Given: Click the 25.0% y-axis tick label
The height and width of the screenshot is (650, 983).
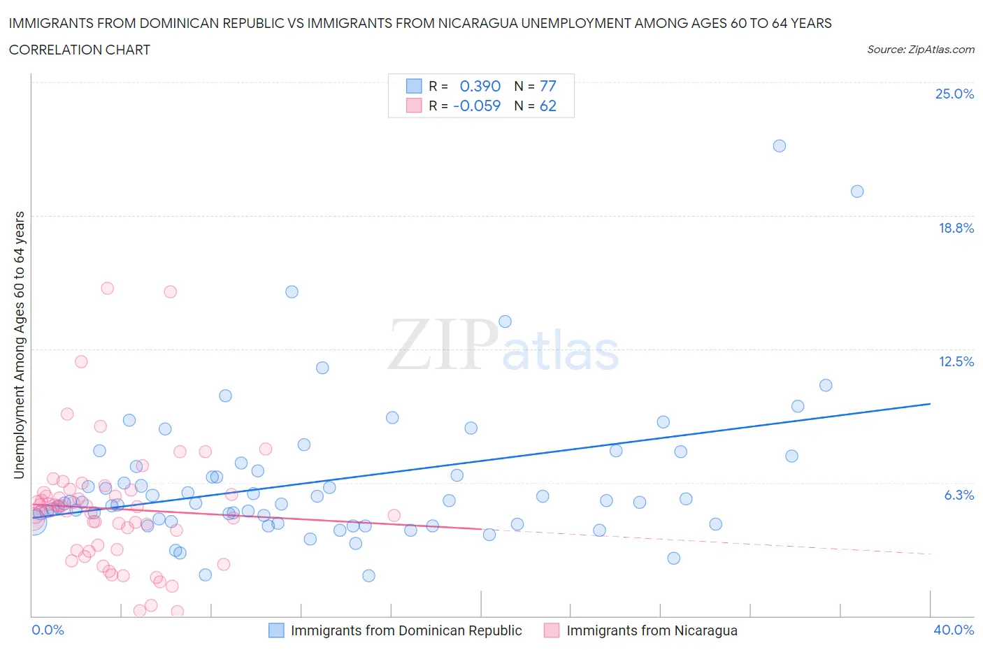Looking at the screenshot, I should pyautogui.click(x=954, y=94).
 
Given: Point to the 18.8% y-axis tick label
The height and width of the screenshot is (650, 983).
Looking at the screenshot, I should pyautogui.click(x=956, y=228).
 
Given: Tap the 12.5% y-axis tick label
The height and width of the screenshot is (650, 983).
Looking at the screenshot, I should pyautogui.click(x=956, y=361).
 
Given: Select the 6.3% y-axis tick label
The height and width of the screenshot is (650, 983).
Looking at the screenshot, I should pyautogui.click(x=959, y=495).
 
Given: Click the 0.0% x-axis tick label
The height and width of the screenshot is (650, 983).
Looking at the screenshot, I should pyautogui.click(x=48, y=630).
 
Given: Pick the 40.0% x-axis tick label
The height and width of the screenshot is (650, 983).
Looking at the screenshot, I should pyautogui.click(x=954, y=630).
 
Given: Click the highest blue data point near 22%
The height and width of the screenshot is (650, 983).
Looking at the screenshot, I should pyautogui.click(x=780, y=146).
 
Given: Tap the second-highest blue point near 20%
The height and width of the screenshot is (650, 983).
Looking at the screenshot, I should pyautogui.click(x=857, y=192).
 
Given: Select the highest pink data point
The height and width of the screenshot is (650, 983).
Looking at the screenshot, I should pyautogui.click(x=107, y=288).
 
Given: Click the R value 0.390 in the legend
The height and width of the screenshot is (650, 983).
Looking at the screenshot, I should pyautogui.click(x=480, y=86).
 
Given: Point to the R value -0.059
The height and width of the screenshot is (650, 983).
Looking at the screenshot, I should pyautogui.click(x=477, y=106).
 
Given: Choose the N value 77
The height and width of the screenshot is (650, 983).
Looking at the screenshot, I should pyautogui.click(x=548, y=86).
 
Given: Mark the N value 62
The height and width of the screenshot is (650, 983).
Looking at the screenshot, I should pyautogui.click(x=548, y=106).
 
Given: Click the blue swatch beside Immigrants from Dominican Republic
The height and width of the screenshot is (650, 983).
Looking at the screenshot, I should pyautogui.click(x=277, y=630).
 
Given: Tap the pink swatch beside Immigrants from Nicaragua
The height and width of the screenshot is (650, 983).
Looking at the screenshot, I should pyautogui.click(x=552, y=630).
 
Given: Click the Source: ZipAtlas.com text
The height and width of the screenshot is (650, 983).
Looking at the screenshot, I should pyautogui.click(x=920, y=50).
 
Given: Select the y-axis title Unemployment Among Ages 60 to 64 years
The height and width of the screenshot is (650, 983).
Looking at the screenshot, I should pyautogui.click(x=20, y=345).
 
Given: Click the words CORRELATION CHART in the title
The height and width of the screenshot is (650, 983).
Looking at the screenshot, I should pyautogui.click(x=80, y=50).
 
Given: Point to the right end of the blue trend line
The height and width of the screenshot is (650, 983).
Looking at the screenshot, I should pyautogui.click(x=930, y=404).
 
